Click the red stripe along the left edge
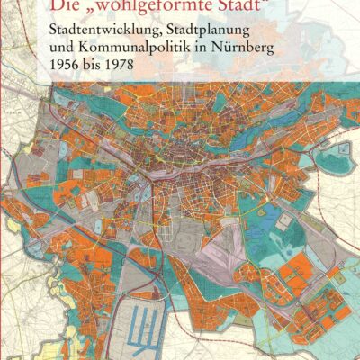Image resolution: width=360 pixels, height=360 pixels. click(x=2, y=180)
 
